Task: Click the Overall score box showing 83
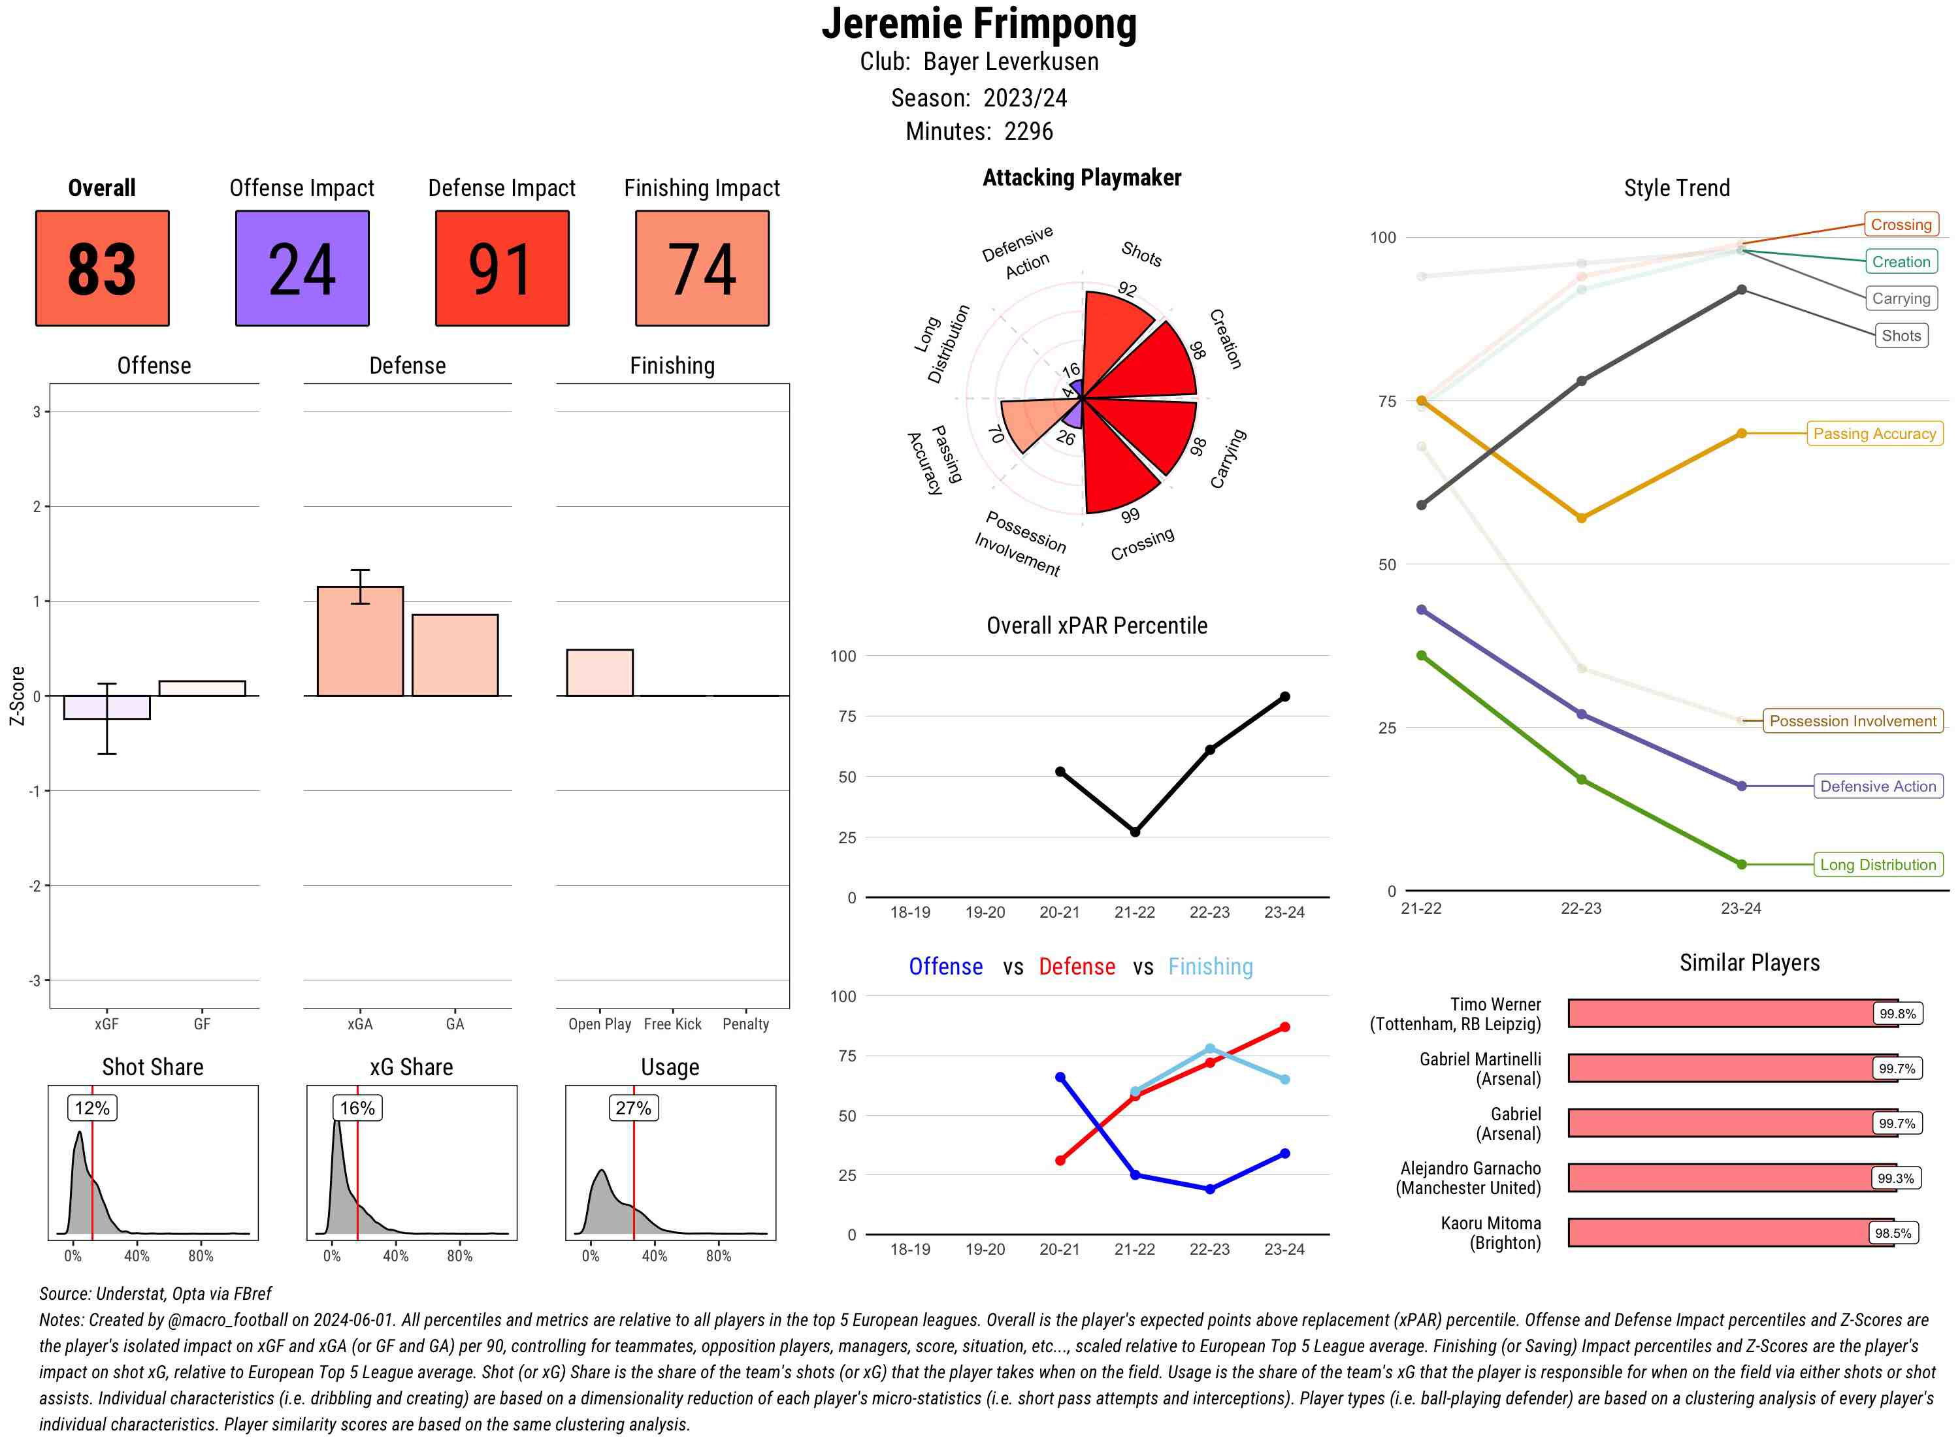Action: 102,268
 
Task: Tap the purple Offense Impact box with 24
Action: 302,268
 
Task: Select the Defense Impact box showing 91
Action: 502,268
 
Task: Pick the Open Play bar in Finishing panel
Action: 599,672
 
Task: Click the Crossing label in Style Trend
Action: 1901,225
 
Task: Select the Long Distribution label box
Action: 1878,865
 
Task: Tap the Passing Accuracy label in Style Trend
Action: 1874,433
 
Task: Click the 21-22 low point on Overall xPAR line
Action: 1134,832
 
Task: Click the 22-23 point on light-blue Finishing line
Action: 1210,1049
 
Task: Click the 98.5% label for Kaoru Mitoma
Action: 1893,1233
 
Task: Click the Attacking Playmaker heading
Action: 1081,178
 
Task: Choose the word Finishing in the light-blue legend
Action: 1210,967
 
